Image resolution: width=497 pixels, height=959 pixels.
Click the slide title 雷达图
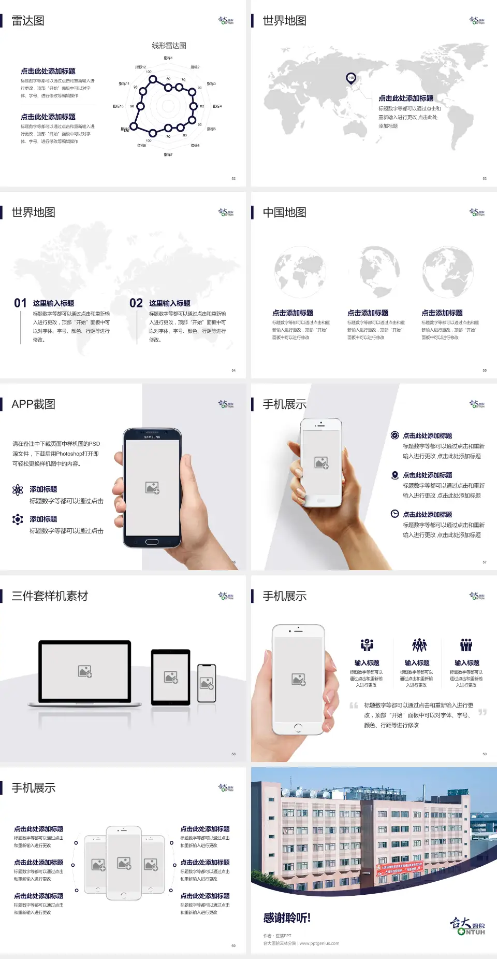[x=28, y=21]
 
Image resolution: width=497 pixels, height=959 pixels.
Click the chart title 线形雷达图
[x=169, y=46]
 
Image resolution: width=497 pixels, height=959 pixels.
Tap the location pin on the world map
[x=351, y=78]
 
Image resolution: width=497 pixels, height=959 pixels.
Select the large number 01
[x=20, y=303]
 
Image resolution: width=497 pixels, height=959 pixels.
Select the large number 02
[x=136, y=303]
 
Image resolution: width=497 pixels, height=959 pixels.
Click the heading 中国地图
[x=284, y=213]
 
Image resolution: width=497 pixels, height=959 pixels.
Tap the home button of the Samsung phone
[x=152, y=542]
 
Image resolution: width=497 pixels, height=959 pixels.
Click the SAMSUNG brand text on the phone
[x=152, y=437]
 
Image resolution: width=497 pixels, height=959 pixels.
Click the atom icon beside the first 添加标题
[x=18, y=490]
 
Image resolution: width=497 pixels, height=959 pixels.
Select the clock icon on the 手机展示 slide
[x=394, y=514]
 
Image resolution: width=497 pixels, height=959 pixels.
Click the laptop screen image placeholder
[x=85, y=671]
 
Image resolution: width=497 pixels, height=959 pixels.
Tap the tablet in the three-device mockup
[x=170, y=676]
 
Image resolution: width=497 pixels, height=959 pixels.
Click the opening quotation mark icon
[x=354, y=706]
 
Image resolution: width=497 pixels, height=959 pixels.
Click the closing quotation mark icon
[x=483, y=712]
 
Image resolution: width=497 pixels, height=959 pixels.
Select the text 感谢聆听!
[x=287, y=918]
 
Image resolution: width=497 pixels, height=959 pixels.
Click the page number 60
[x=233, y=946]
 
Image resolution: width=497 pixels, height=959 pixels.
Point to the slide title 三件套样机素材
[x=50, y=596]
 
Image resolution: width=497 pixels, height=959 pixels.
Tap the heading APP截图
[x=33, y=404]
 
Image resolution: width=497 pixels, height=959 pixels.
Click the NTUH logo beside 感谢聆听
[x=467, y=926]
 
